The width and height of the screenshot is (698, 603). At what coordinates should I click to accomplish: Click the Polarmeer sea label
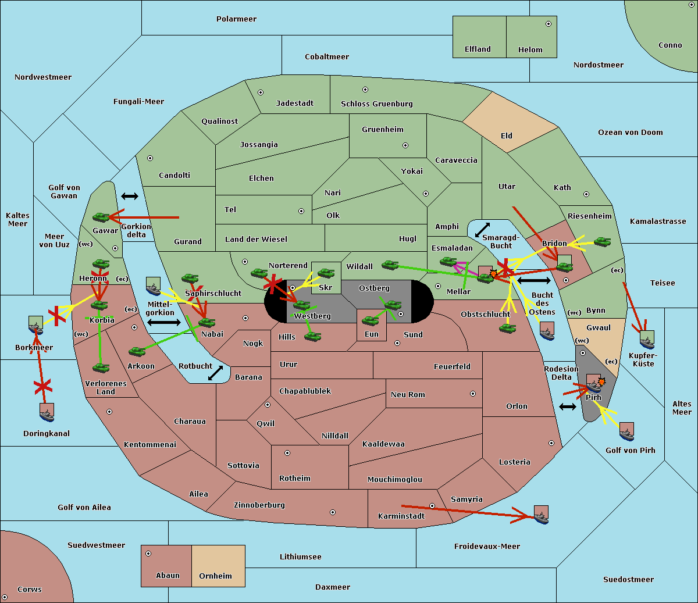pyautogui.click(x=236, y=19)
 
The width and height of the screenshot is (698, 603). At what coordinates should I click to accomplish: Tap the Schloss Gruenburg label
pyautogui.click(x=377, y=104)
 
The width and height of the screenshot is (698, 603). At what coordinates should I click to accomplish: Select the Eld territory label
pyautogui.click(x=506, y=135)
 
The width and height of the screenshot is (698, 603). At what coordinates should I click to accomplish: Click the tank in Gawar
pyautogui.click(x=101, y=217)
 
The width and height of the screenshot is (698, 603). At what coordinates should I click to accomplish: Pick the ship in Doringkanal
pyautogui.click(x=47, y=412)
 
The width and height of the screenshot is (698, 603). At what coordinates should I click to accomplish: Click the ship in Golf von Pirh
pyautogui.click(x=627, y=431)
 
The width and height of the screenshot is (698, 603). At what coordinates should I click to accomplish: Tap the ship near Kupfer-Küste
pyautogui.click(x=647, y=340)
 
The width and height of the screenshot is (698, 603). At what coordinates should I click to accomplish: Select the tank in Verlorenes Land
pyautogui.click(x=101, y=367)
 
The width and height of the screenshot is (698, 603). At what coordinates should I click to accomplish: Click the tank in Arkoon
pyautogui.click(x=137, y=351)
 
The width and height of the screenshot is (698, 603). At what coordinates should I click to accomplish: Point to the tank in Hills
pyautogui.click(x=313, y=336)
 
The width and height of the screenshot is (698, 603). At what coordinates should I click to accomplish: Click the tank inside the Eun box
pyautogui.click(x=370, y=320)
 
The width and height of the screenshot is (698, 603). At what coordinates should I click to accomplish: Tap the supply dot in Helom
pyautogui.click(x=549, y=24)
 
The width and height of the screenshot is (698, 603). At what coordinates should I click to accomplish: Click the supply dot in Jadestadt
pyautogui.click(x=261, y=92)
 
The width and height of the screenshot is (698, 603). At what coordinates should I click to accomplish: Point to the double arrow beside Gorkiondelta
pyautogui.click(x=130, y=196)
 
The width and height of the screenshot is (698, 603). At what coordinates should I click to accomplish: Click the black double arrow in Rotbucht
pyautogui.click(x=216, y=373)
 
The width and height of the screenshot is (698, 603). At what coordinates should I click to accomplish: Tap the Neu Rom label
pyautogui.click(x=408, y=394)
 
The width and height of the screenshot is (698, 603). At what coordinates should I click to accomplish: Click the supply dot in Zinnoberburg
pyautogui.click(x=333, y=512)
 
